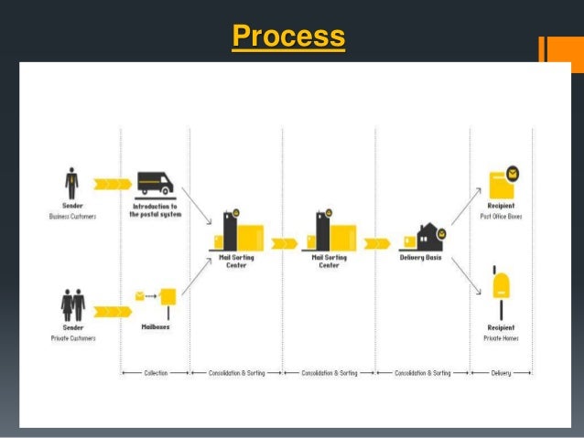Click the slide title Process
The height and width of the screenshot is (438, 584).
click(288, 37)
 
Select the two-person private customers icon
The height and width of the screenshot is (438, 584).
click(72, 303)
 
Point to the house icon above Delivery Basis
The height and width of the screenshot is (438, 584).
click(429, 237)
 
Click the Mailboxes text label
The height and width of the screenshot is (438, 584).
click(155, 326)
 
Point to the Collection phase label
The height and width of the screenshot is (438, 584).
click(155, 373)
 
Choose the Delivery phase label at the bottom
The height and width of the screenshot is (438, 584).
click(502, 373)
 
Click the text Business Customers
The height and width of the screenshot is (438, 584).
click(72, 216)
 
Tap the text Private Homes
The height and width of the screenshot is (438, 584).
click(501, 337)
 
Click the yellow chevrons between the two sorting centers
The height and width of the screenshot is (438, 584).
click(284, 243)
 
